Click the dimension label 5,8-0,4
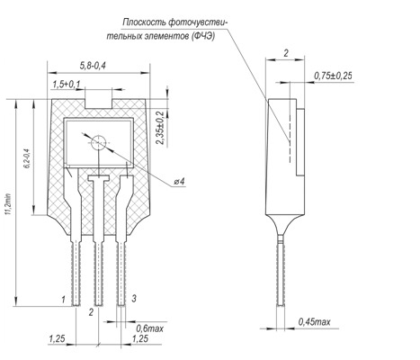93,66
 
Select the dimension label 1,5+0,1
67,85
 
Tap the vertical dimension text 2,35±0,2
161,128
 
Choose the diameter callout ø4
180,182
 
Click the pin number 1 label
63,300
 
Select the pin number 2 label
91,312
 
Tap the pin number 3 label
134,299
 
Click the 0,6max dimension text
149,328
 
